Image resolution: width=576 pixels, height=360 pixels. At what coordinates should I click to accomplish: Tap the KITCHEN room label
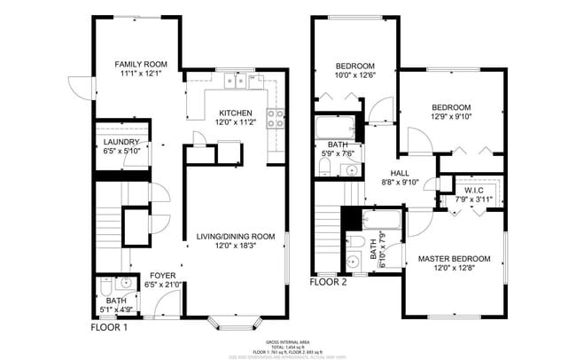pos(236,113)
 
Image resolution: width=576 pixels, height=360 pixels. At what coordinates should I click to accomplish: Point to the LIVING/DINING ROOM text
pos(235,237)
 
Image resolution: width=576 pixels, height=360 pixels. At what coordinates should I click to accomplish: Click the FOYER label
pos(162,275)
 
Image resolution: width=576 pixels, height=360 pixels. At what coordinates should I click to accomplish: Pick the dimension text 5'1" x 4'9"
pos(115,310)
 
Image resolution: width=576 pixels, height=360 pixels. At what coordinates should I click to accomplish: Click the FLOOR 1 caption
pos(109,327)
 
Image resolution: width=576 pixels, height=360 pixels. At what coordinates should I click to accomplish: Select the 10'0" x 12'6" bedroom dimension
pos(354,76)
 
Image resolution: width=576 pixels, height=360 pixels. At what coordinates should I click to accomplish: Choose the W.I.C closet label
pos(472,189)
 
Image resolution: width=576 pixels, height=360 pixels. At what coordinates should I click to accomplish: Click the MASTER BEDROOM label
pos(454,259)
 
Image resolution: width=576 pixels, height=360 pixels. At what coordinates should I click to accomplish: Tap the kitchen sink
pos(235,82)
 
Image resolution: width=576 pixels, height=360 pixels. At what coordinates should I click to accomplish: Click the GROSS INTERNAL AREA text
pos(287,341)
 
